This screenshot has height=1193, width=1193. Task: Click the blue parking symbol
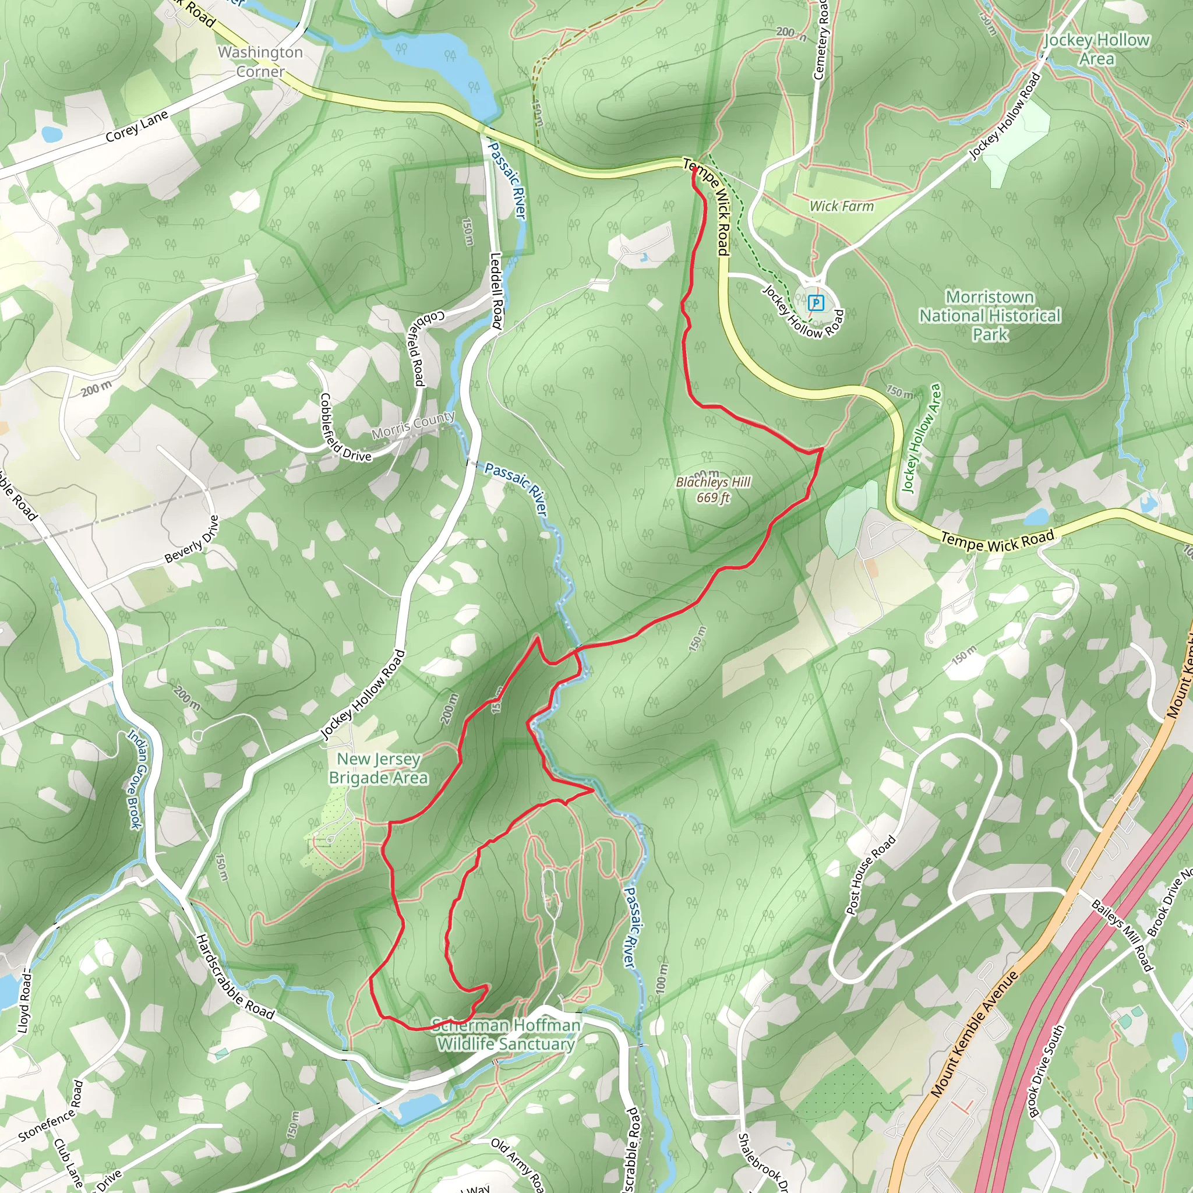click(816, 302)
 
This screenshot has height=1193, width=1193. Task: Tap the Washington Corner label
click(260, 62)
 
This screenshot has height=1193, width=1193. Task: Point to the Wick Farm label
click(842, 206)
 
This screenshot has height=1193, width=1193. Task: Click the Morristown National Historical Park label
click(990, 316)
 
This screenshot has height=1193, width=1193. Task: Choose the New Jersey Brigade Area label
click(378, 768)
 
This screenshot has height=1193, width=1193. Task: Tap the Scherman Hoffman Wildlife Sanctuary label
click(506, 1035)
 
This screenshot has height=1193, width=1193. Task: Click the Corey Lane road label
click(136, 126)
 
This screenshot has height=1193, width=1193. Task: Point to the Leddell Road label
click(496, 290)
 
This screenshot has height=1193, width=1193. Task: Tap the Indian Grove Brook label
click(135, 779)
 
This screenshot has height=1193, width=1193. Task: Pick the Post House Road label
click(871, 875)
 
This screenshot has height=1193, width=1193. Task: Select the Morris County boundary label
click(413, 425)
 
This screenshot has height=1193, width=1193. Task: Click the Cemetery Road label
click(821, 40)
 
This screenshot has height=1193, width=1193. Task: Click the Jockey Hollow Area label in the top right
click(1097, 50)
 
